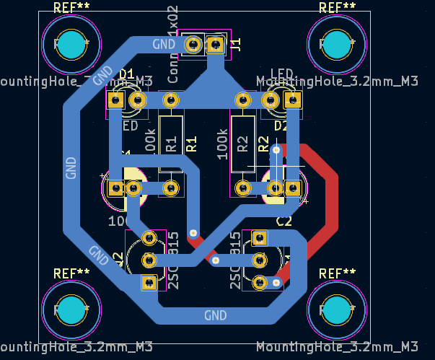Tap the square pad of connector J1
(215, 45)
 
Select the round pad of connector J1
(193, 45)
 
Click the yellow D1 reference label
(127, 74)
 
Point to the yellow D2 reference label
(281, 126)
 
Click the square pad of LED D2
(292, 100)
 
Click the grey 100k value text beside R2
(222, 144)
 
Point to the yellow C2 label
(284, 221)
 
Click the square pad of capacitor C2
(292, 188)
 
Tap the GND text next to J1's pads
(164, 44)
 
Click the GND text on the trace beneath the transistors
(215, 315)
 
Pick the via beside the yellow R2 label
(275, 150)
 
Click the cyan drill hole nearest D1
(71, 45)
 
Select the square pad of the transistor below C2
(259, 237)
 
